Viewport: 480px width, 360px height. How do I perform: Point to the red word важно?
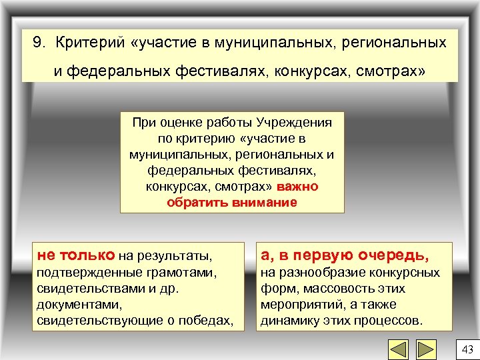(298, 187)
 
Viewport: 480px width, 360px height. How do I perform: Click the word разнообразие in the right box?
(313, 272)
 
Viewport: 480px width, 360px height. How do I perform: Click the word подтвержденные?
(81, 272)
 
